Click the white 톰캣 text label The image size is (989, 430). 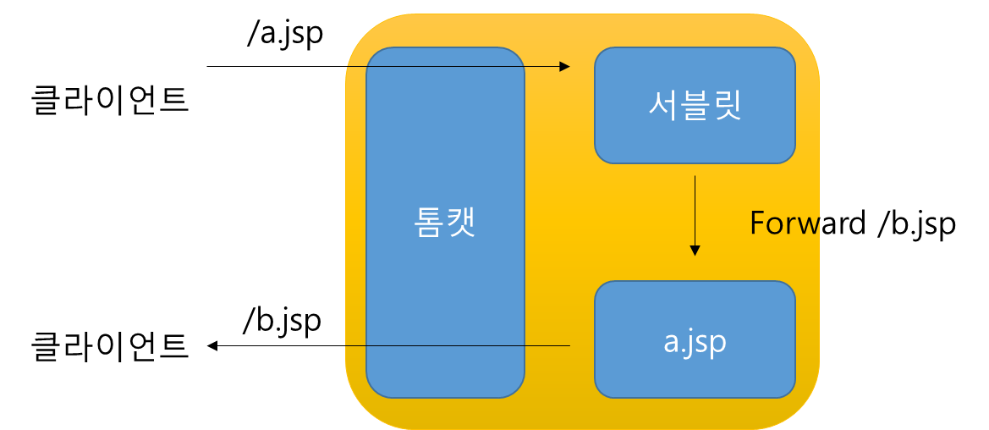coord(445,222)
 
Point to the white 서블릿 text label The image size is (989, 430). coord(695,105)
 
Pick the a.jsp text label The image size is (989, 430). coord(695,341)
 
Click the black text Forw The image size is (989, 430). coord(784,223)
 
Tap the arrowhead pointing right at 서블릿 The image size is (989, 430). coord(565,66)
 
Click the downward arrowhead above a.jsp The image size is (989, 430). coord(695,251)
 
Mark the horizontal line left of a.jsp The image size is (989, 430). coord(457,345)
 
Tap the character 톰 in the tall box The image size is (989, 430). coord(428,222)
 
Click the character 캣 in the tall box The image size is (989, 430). coord(461,222)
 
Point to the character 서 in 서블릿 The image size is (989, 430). coord(662,105)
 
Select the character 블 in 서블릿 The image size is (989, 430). coord(695,105)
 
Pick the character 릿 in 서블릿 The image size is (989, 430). coord(727,105)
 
